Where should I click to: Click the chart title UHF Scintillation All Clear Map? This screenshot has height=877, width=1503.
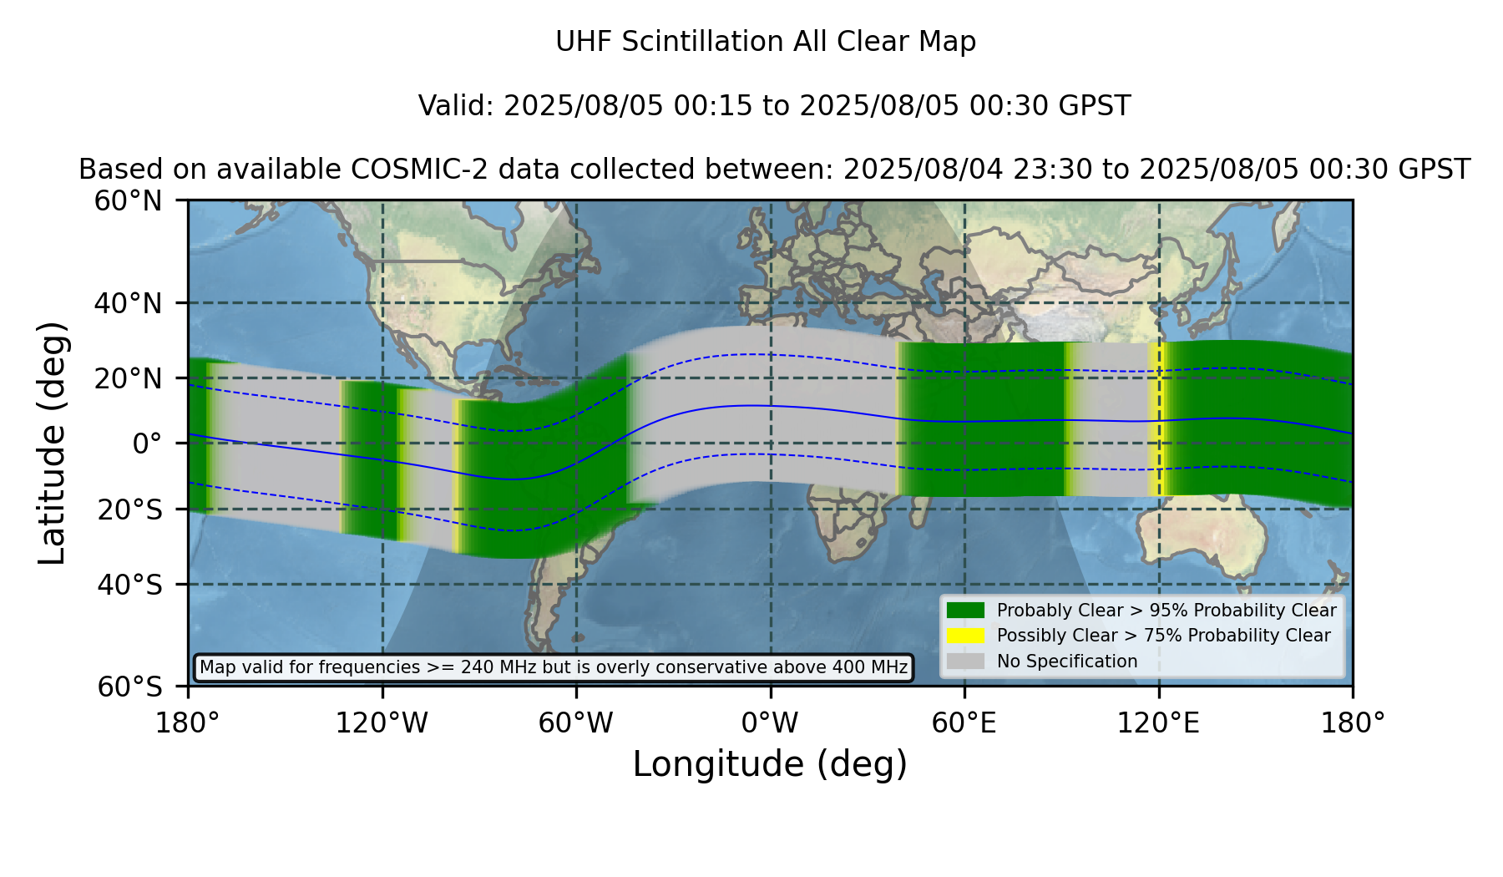766,42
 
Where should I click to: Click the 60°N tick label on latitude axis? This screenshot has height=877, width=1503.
128,201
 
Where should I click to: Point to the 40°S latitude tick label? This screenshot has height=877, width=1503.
129,585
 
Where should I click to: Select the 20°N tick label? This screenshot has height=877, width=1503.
128,378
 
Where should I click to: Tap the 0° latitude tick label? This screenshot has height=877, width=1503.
147,444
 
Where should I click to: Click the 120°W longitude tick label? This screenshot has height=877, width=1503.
382,723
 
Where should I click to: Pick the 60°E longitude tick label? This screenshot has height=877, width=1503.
964,723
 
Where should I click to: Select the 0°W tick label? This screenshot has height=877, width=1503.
770,723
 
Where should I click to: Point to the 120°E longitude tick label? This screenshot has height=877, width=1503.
1158,723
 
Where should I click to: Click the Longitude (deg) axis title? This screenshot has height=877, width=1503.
770,764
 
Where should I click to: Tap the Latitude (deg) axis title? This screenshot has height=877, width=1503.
52,443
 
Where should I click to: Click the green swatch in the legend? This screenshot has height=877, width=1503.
966,611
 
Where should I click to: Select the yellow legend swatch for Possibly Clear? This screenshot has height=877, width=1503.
966,636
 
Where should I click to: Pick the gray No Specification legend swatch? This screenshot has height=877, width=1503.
966,662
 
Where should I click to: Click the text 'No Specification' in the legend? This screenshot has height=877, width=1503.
1067,662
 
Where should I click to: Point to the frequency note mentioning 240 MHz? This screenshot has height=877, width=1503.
554,667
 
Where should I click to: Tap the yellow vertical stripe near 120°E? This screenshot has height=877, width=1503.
1156,420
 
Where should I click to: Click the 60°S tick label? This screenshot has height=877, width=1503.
129,687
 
